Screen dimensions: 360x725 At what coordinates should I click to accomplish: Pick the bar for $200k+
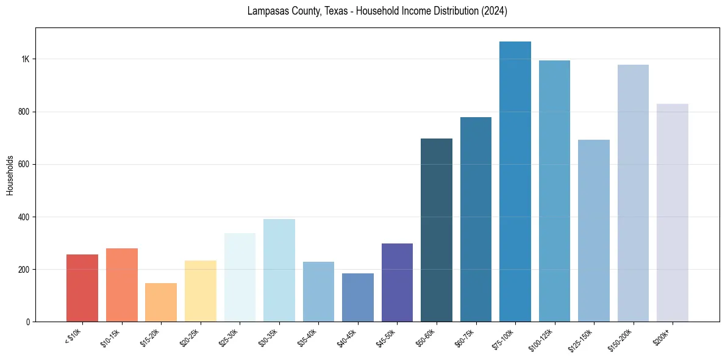point(673,213)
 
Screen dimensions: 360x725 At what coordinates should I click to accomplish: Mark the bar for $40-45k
point(358,298)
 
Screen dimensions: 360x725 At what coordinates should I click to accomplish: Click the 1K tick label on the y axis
point(26,59)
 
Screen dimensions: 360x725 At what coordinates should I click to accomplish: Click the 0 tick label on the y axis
point(28,322)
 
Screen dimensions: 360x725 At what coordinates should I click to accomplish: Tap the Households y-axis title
point(10,175)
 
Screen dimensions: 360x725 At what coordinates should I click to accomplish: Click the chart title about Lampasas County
point(377,12)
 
